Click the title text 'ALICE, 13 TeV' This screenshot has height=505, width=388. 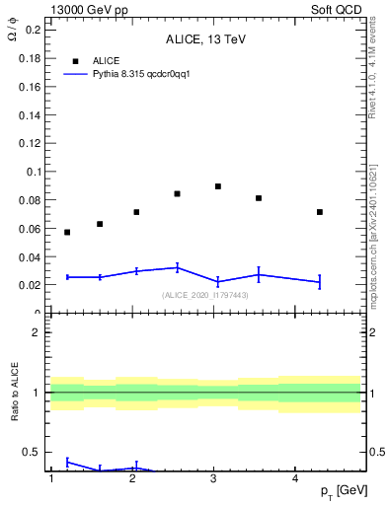click(205, 39)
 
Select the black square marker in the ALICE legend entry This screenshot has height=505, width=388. click(74, 60)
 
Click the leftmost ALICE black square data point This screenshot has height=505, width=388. click(67, 232)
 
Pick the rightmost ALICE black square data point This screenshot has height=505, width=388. click(320, 212)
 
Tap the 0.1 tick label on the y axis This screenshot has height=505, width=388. click(33, 172)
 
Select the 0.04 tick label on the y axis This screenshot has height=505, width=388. click(30, 256)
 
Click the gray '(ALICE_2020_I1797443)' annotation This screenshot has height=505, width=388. click(205, 295)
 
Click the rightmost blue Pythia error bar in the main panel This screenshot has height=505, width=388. click(320, 282)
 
